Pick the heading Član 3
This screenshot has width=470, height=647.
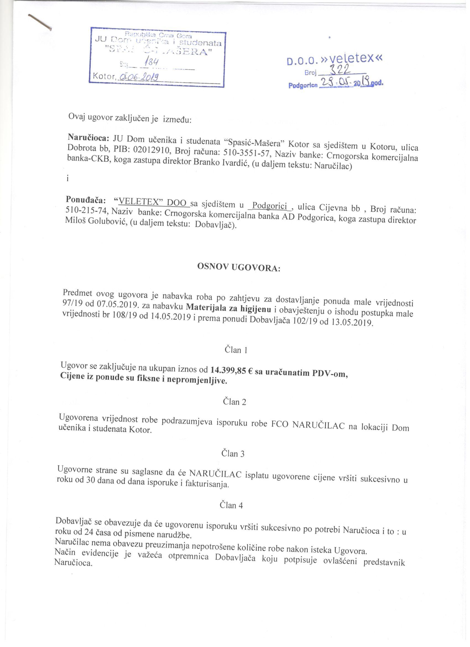pyautogui.click(x=233, y=454)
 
